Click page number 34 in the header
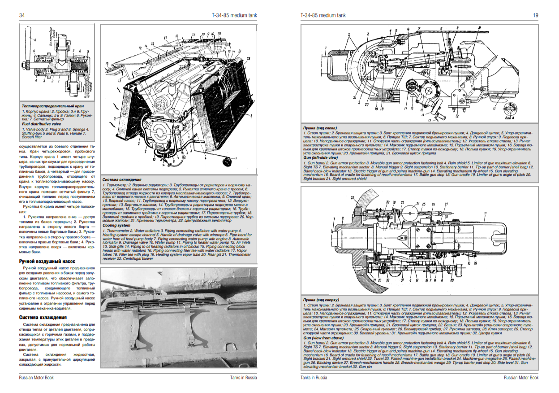click(x=21, y=15)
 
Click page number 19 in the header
click(x=535, y=15)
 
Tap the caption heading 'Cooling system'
click(x=116, y=226)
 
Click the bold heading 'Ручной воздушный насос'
click(x=47, y=261)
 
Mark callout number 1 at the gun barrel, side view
click(x=349, y=34)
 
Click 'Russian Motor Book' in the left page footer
click(x=36, y=378)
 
